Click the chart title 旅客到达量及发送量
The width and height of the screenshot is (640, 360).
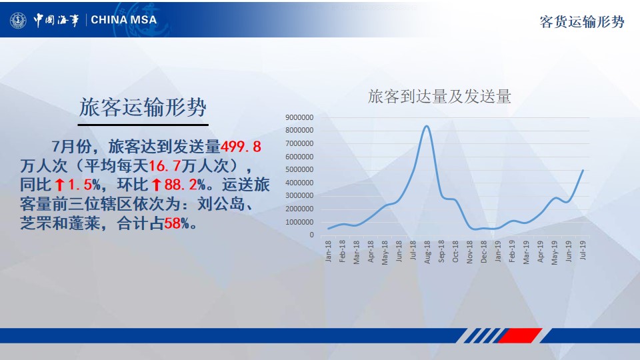[439, 97]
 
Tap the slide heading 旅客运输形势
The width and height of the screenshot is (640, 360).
[143, 107]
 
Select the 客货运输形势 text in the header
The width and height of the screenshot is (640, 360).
[582, 21]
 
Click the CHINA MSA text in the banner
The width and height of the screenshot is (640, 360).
[124, 19]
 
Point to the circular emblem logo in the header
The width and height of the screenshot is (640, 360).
[18, 20]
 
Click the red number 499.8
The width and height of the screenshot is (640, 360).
[241, 146]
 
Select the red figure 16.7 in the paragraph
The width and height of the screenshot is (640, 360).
[165, 166]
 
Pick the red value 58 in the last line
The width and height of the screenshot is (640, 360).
[172, 223]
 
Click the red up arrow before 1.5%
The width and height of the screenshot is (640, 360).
[59, 185]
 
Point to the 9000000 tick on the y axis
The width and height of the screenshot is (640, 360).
[299, 117]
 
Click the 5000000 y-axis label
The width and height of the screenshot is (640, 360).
[299, 169]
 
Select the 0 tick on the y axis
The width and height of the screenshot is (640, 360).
[311, 235]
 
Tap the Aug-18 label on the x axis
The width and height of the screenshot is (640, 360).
[427, 252]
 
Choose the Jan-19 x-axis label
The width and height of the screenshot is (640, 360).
[497, 251]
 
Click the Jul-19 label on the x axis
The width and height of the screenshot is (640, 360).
[583, 250]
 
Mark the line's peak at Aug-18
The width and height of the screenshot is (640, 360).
[427, 126]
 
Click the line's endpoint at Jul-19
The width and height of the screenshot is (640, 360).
[583, 170]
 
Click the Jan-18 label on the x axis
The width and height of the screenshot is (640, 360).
[328, 251]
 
